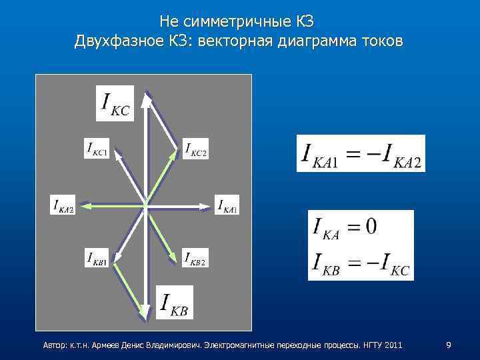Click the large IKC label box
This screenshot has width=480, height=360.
115,103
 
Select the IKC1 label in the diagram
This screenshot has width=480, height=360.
97,148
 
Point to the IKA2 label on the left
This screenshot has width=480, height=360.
63,205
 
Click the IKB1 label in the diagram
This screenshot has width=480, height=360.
97,257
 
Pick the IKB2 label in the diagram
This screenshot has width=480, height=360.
195,257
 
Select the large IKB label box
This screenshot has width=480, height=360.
174,302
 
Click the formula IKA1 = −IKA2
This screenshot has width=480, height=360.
361,153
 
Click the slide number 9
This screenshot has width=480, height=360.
449,345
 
